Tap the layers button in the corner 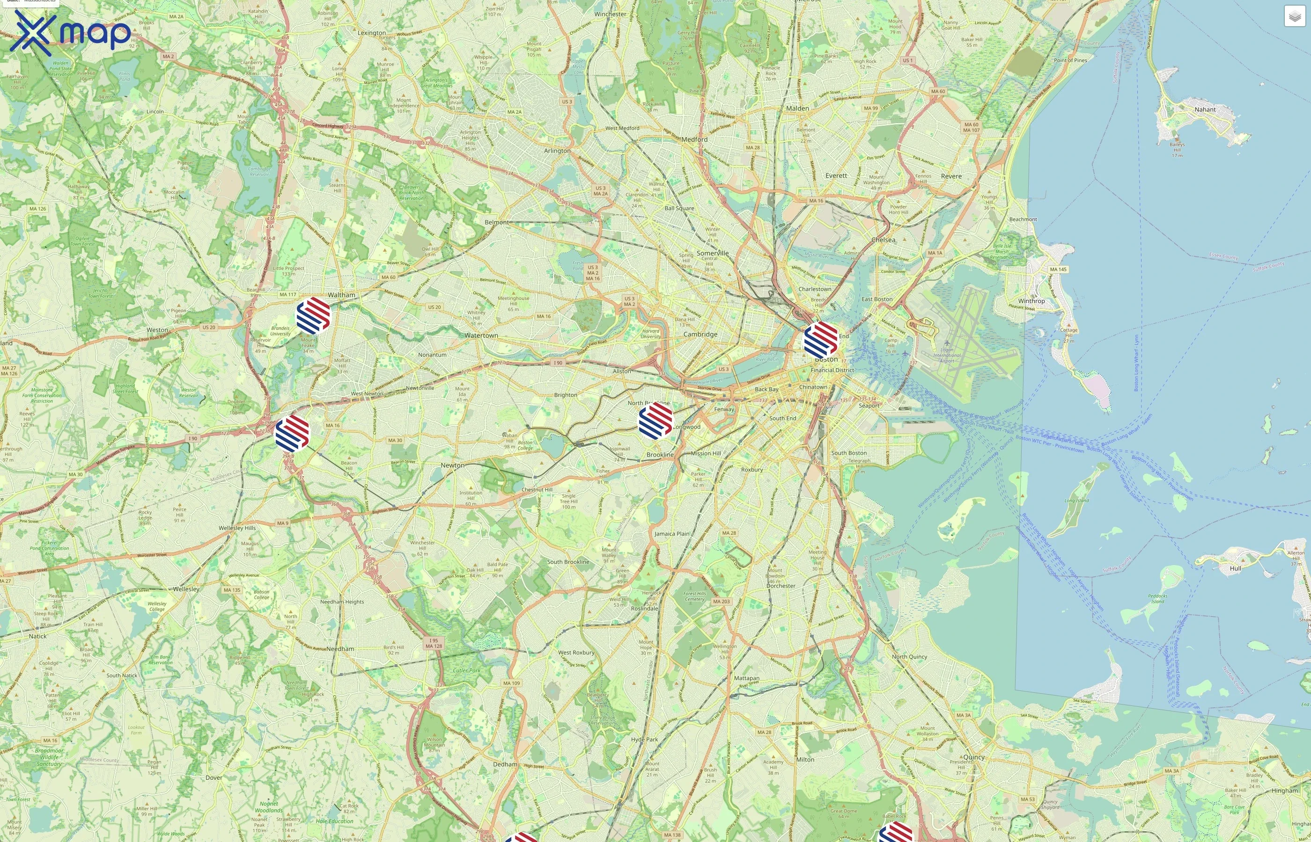coord(1295,16)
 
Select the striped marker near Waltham coord(313,315)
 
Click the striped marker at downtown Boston coord(821,340)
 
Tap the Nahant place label coord(1205,109)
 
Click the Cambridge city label coord(700,334)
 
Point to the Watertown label coord(481,335)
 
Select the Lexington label coord(371,33)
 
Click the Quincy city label coord(973,757)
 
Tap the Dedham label coord(504,764)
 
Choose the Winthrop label coord(1031,301)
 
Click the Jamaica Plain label coord(672,534)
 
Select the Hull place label coord(1236,568)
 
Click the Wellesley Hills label coord(237,528)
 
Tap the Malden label coord(797,108)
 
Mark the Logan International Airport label coord(947,356)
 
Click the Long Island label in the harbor coord(1076,501)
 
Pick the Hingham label coord(1284,791)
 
